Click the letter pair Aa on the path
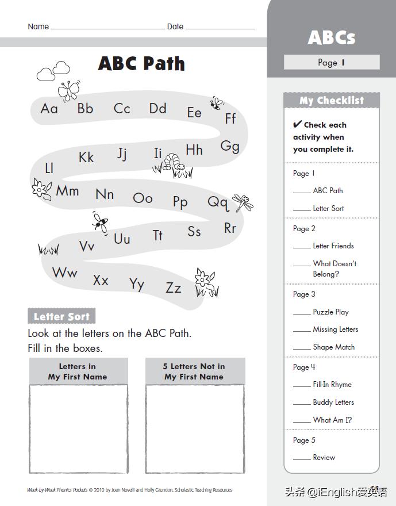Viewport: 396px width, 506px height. click(49, 108)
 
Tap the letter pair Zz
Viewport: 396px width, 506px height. click(173, 287)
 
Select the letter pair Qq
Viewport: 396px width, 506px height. click(218, 202)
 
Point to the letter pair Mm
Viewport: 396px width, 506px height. click(67, 190)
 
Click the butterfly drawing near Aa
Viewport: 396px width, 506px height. click(68, 90)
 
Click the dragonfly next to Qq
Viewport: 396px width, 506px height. click(243, 202)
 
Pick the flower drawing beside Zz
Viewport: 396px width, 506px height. click(205, 282)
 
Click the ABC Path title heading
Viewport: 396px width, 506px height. click(141, 63)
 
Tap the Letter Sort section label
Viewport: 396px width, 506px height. click(61, 316)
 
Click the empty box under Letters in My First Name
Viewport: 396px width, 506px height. click(78, 428)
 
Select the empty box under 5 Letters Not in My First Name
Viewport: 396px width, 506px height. click(194, 428)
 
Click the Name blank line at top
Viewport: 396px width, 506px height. click(107, 27)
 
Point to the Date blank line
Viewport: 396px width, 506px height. click(220, 27)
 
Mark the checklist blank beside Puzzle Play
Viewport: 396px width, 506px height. click(302, 313)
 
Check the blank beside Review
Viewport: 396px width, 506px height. click(302, 459)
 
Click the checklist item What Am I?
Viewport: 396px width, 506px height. click(332, 420)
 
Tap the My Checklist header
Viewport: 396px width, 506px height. click(332, 101)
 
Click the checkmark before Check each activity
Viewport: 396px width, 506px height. click(297, 124)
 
